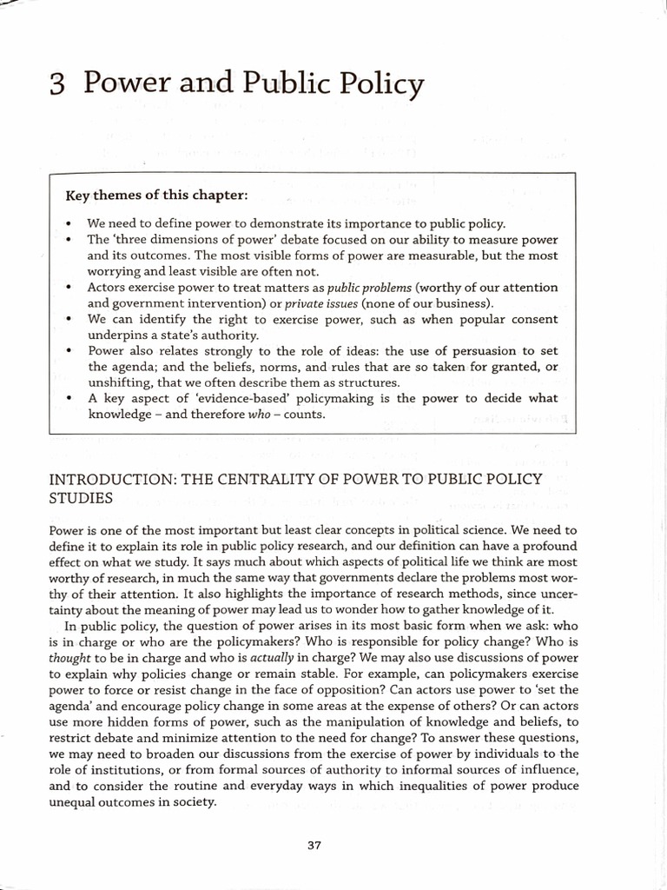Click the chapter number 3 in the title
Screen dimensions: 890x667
click(58, 83)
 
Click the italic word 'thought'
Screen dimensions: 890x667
click(69, 659)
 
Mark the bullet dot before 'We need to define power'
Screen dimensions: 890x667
click(68, 223)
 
